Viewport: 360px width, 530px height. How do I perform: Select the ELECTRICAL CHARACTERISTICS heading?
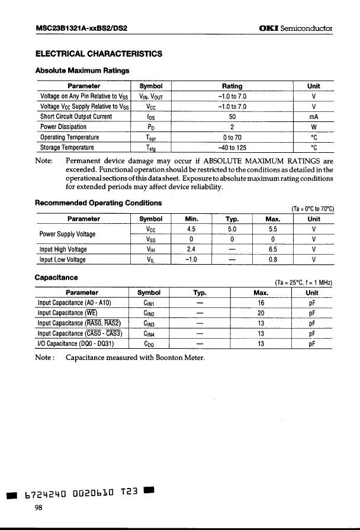pyautogui.click(x=99, y=54)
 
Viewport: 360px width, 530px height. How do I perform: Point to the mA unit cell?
pyautogui.click(x=314, y=117)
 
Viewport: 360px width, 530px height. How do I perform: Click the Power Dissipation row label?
pyautogui.click(x=63, y=127)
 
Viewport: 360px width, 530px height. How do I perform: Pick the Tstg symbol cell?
pyautogui.click(x=151, y=147)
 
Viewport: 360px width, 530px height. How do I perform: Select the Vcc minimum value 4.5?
pyautogui.click(x=191, y=229)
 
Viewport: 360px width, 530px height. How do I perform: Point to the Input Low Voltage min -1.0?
pyautogui.click(x=191, y=259)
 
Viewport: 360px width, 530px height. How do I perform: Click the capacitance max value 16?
pyautogui.click(x=261, y=302)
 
